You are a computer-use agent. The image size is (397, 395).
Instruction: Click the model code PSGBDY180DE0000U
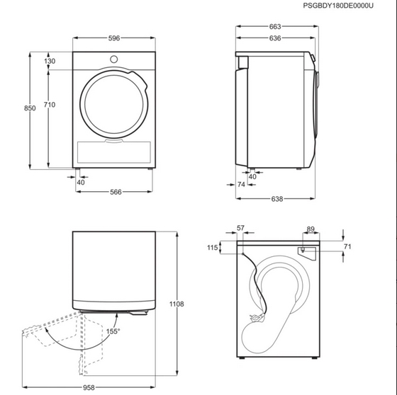click(338, 6)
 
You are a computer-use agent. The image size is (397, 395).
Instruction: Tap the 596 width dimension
click(114, 38)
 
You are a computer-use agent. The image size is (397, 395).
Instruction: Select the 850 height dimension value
click(30, 108)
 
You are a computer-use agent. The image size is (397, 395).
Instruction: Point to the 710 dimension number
click(50, 105)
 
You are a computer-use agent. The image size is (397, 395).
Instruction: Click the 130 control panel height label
click(50, 61)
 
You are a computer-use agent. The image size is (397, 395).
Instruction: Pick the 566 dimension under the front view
click(116, 192)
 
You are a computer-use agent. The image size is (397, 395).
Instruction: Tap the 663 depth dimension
click(275, 27)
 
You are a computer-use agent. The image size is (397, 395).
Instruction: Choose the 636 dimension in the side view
click(275, 38)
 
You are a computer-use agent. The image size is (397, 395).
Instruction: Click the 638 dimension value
click(277, 199)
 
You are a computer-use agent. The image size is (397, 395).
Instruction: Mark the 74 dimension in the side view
click(241, 185)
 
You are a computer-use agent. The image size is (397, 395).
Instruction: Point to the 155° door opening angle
click(113, 331)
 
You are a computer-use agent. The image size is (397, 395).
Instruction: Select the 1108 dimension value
click(177, 304)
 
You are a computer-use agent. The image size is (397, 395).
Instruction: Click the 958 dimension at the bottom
click(89, 387)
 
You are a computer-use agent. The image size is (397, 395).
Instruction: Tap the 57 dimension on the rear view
click(240, 228)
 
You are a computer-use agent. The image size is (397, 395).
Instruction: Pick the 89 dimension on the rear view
click(311, 229)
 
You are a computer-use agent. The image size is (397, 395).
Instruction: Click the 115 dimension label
click(213, 248)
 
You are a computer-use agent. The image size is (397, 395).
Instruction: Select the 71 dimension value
click(347, 246)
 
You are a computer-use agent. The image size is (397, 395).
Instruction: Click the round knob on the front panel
click(114, 59)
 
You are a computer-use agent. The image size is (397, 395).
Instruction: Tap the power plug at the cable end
click(257, 317)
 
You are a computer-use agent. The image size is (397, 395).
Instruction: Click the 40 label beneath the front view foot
click(81, 183)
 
